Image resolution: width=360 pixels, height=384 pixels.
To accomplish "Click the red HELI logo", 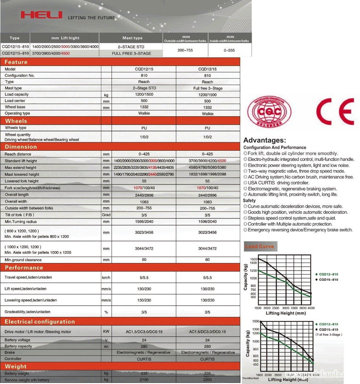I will tap(41, 15).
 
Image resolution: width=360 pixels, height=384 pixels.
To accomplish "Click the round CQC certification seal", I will tap(269, 112).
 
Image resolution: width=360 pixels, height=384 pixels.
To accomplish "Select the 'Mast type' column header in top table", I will tap(132, 38).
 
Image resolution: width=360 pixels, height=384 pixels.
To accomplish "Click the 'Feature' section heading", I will tap(16, 62).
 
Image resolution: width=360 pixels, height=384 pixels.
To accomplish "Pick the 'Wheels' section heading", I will tap(16, 121).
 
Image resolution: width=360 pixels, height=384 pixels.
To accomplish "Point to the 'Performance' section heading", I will tap(24, 268).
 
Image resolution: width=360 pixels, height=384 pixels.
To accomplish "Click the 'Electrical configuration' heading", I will tap(40, 322).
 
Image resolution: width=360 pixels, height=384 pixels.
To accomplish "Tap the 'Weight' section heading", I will tap(16, 367).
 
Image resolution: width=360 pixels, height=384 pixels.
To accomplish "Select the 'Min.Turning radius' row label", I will tap(21, 222).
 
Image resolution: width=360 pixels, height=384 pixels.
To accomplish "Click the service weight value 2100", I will tap(144, 380).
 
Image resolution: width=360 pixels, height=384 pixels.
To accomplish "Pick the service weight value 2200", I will tap(208, 380).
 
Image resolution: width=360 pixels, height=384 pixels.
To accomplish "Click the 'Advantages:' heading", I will tap(264, 141).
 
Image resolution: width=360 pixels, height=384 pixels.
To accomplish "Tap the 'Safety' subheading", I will tap(249, 200).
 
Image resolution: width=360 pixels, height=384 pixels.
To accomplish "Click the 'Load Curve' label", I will tap(259, 246).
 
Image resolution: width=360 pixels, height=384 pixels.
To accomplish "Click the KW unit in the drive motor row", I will tap(106, 332).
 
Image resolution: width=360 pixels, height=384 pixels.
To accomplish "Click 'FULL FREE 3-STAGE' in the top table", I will tap(131, 54).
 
